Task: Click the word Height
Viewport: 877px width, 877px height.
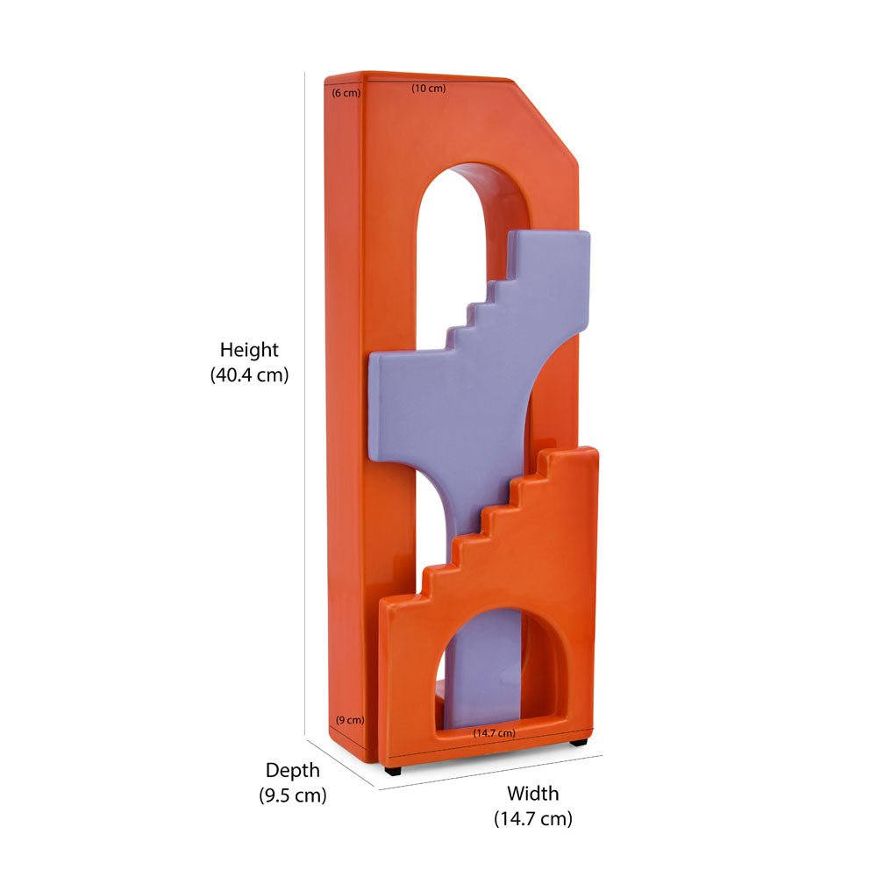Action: pyautogui.click(x=249, y=350)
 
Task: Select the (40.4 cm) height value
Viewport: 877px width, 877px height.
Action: pyautogui.click(x=249, y=374)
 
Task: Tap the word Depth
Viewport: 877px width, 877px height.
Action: pyautogui.click(x=293, y=771)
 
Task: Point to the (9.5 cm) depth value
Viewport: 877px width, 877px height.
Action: pyautogui.click(x=293, y=795)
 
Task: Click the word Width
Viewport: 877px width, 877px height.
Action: pyautogui.click(x=532, y=794)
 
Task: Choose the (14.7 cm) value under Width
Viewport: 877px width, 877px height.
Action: pyautogui.click(x=532, y=818)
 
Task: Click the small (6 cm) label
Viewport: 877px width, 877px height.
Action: pyautogui.click(x=346, y=92)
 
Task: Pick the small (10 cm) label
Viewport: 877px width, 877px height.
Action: pyautogui.click(x=429, y=88)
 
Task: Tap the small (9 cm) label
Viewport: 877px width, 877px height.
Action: pyautogui.click(x=349, y=720)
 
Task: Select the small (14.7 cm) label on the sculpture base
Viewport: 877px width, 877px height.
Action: pyautogui.click(x=494, y=732)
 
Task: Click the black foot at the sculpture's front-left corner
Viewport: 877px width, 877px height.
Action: pyautogui.click(x=392, y=771)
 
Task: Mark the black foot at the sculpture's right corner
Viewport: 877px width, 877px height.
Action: pyautogui.click(x=578, y=743)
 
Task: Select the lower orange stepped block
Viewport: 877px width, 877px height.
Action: pyautogui.click(x=544, y=561)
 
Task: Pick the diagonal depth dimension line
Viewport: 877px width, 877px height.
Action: pyautogui.click(x=342, y=762)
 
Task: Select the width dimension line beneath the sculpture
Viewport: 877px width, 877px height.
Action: pyautogui.click(x=491, y=772)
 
